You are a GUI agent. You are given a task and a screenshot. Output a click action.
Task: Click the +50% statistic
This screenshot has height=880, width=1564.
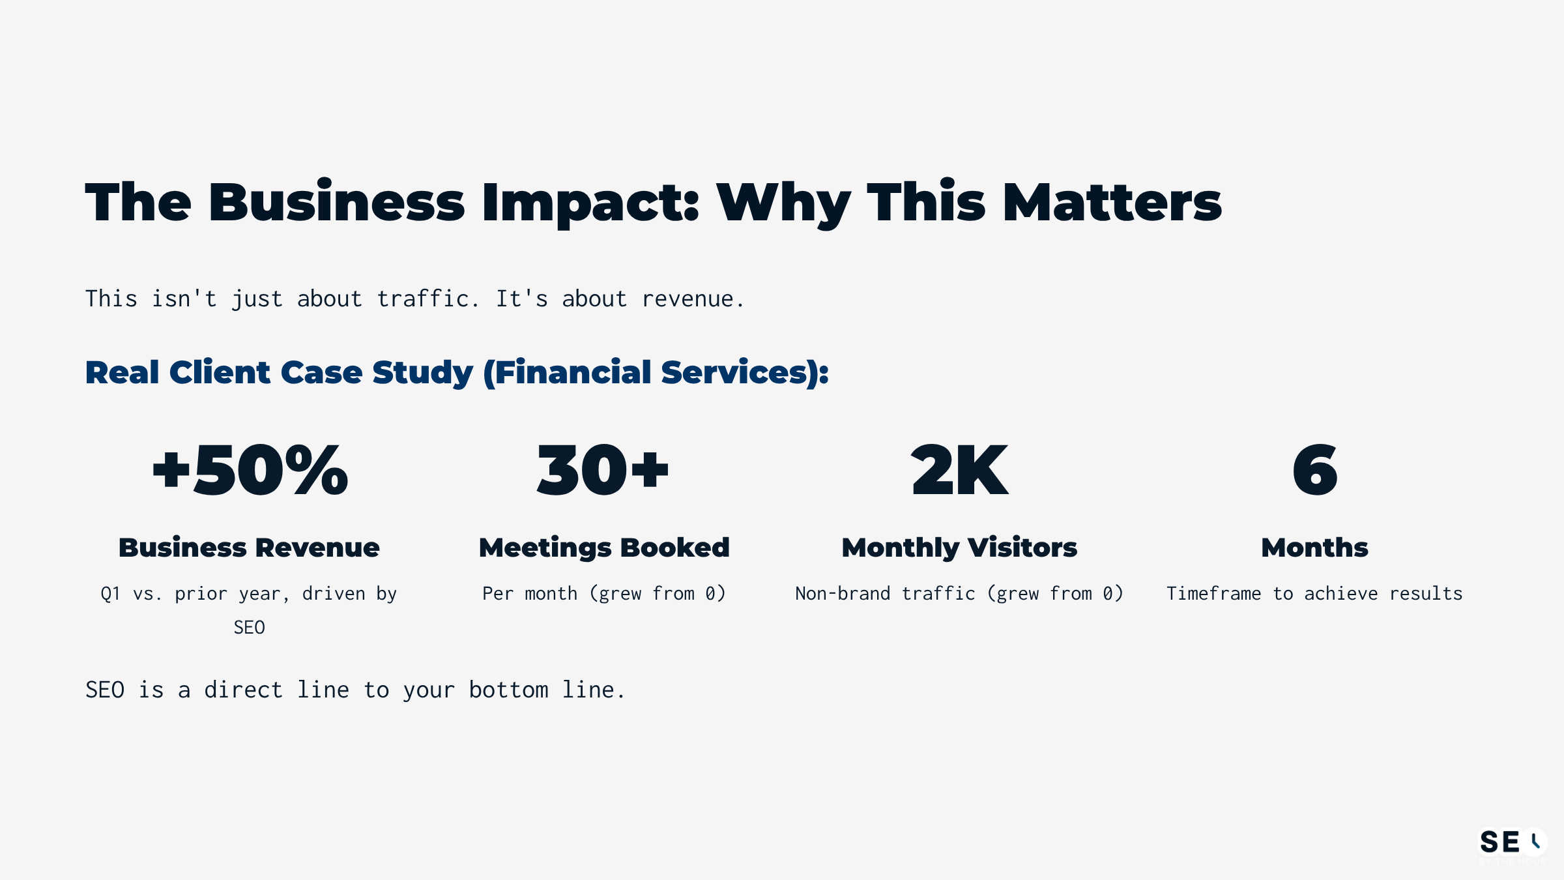(x=250, y=470)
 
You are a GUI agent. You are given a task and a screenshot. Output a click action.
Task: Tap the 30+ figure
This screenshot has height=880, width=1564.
(x=603, y=470)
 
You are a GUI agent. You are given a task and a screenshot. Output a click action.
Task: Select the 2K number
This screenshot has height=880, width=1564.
(x=959, y=470)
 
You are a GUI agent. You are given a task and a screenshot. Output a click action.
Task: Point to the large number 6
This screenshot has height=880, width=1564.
(x=1314, y=470)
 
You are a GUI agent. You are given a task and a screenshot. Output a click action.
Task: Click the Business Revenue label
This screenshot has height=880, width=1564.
(x=249, y=548)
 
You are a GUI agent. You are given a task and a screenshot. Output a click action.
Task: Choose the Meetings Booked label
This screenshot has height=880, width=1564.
(x=604, y=548)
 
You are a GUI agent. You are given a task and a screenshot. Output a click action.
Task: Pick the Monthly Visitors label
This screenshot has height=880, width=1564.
(x=959, y=548)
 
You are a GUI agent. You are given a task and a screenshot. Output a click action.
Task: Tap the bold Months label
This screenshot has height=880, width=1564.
(x=1314, y=548)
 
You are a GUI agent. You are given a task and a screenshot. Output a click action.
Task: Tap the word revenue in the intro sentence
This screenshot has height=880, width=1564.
(x=692, y=299)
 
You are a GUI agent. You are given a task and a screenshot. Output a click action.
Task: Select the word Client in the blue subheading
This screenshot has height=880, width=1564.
(x=220, y=372)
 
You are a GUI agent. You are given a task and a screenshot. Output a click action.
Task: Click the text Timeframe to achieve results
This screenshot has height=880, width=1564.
(x=1314, y=593)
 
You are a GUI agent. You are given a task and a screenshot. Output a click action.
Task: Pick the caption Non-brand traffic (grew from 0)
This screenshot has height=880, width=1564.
(x=959, y=593)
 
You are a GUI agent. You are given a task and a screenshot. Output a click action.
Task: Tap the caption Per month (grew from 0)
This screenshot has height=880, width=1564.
(x=604, y=593)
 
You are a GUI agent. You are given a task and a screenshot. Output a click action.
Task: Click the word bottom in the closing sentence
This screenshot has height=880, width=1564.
(x=508, y=690)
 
